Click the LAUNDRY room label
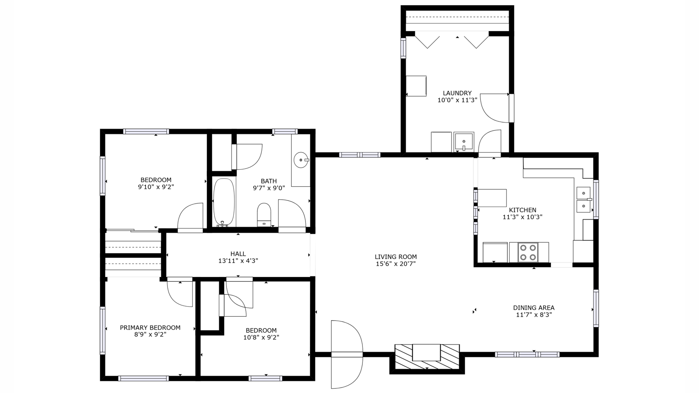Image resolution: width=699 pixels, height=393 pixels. (x=457, y=93)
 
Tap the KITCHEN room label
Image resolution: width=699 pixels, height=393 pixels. (x=522, y=210)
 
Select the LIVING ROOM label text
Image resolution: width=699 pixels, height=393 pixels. (x=395, y=257)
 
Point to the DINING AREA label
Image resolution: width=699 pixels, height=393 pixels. (x=534, y=308)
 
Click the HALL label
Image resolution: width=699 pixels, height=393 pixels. (x=238, y=254)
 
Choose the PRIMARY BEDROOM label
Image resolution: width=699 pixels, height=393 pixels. (x=150, y=327)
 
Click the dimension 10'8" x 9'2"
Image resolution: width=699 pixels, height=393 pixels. (x=261, y=337)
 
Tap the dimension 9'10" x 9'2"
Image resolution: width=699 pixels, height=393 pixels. (x=156, y=187)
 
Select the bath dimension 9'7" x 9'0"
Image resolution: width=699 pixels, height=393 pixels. (x=269, y=188)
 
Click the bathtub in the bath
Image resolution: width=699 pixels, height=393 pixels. (x=224, y=202)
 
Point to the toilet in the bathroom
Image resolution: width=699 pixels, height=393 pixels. (x=264, y=215)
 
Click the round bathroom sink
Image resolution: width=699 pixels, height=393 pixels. (x=301, y=160)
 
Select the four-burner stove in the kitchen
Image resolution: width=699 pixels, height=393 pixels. (x=528, y=252)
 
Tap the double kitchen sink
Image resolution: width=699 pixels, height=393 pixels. (x=584, y=200)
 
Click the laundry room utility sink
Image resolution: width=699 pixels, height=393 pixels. (x=464, y=142)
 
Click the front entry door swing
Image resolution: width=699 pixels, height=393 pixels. (x=346, y=354)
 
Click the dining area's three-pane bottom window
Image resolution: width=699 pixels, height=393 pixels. (x=527, y=354)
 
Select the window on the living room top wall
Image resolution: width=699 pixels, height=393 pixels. (x=360, y=155)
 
